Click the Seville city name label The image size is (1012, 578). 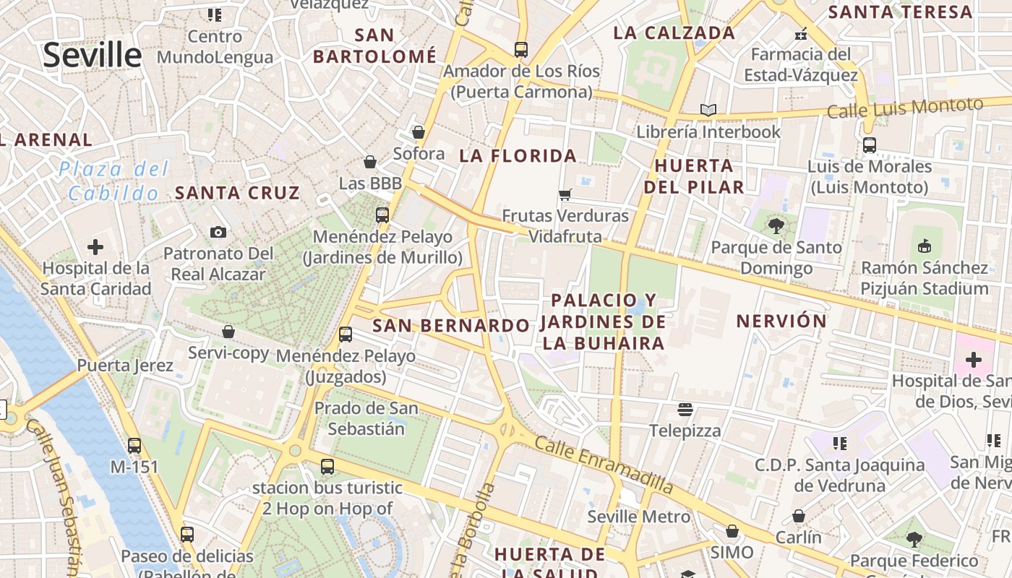point(93,55)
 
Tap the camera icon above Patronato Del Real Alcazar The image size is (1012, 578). point(218,232)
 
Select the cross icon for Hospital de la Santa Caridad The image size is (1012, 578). point(95,248)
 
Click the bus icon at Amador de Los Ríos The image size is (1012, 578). point(520,50)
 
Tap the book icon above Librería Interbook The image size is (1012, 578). point(708,111)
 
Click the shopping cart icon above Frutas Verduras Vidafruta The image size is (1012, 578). point(565,194)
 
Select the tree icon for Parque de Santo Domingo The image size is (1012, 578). point(776,226)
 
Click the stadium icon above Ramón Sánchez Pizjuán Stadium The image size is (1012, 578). point(924,246)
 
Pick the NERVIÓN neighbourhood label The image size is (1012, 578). point(781,321)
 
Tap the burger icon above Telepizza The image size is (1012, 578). point(685,410)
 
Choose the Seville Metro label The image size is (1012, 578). point(638,517)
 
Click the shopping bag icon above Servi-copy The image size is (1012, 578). point(228,332)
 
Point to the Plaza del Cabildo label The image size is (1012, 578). point(113,181)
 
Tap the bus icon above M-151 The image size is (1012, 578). point(134,446)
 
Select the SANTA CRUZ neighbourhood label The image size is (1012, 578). point(237,193)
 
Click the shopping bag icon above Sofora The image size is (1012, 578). point(418,132)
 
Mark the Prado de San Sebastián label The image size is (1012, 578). point(366,418)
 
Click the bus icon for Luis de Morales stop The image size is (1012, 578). point(870,145)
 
